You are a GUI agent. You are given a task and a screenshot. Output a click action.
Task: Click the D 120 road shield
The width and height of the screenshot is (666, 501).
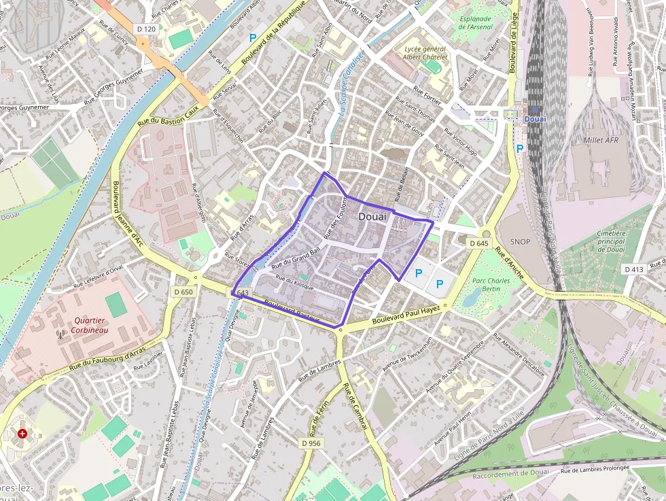(x=146, y=29)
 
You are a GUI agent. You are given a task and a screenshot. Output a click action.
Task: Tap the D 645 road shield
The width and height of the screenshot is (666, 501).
(x=479, y=243)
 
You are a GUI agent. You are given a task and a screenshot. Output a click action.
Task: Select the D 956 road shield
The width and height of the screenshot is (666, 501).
(x=311, y=443)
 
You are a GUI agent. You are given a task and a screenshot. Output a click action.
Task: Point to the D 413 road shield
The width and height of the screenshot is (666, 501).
(x=633, y=270)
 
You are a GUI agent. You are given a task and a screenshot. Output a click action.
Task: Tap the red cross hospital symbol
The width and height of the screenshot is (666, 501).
(x=23, y=433)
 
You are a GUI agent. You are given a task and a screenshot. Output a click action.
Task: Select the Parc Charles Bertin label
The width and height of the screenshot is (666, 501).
(x=491, y=285)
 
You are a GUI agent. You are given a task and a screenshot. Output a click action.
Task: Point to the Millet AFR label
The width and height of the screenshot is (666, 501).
(x=601, y=140)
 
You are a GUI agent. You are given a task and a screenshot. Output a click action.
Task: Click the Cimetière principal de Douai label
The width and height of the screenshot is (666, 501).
(x=611, y=241)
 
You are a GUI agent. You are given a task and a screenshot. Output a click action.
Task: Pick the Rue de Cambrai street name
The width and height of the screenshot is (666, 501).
(x=355, y=407)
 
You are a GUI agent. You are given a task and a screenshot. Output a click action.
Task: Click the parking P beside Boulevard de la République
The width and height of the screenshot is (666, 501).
(x=253, y=39)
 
